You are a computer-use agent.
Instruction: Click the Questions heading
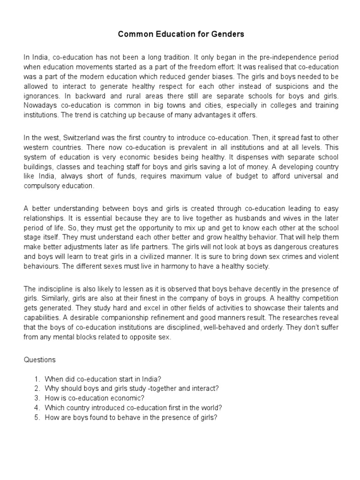click(39, 360)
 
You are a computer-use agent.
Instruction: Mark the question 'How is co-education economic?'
click(94, 398)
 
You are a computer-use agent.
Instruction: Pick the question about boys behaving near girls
click(131, 418)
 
